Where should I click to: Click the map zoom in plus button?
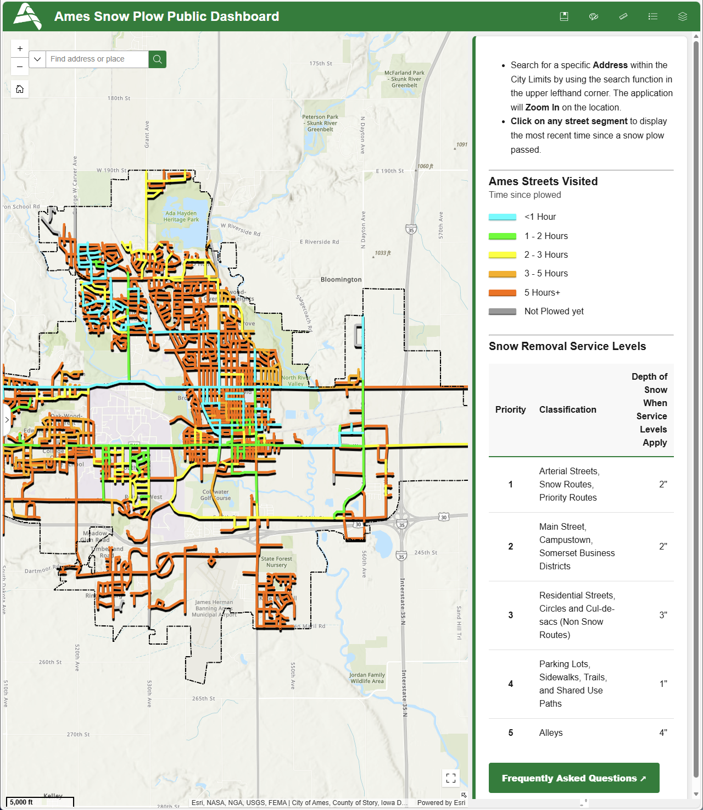click(x=20, y=48)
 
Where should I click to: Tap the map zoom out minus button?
click(x=20, y=66)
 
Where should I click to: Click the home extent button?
click(x=20, y=89)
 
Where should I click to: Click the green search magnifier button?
click(x=157, y=59)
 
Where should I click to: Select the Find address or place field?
click(x=97, y=59)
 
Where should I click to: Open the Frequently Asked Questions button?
click(x=573, y=778)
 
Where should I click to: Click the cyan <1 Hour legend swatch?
click(x=502, y=217)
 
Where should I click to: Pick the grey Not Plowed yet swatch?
click(x=502, y=312)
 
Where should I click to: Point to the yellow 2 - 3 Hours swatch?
click(x=502, y=255)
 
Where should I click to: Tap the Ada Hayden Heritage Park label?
click(x=181, y=217)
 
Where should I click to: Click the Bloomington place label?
click(x=341, y=280)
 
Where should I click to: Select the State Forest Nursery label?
click(x=276, y=562)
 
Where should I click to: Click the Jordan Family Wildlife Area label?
click(x=367, y=678)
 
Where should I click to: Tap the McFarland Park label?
click(x=404, y=79)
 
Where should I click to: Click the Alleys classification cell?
click(x=551, y=733)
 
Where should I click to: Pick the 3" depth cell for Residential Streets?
click(x=663, y=615)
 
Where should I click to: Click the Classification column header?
click(x=567, y=409)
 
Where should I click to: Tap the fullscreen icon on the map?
click(x=451, y=778)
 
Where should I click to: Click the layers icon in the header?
click(x=682, y=16)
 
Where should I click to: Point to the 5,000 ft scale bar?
click(x=40, y=802)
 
